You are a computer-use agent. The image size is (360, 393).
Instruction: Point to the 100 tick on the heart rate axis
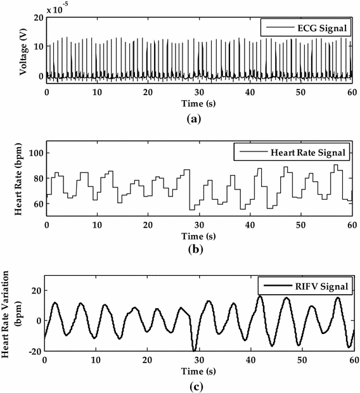(x=35, y=153)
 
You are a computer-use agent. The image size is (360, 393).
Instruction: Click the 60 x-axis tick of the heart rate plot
(x=352, y=225)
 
